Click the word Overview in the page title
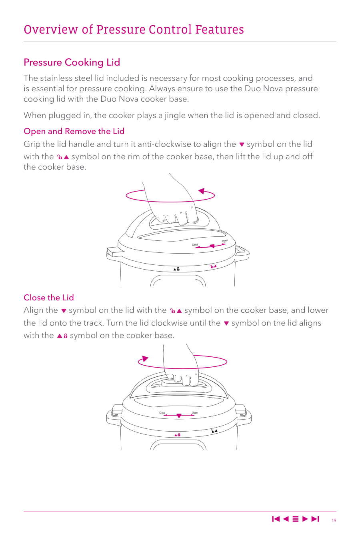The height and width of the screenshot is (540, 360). point(51,30)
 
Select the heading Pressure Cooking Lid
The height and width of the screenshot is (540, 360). point(72,62)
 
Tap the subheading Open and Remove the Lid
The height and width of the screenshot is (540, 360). point(74,131)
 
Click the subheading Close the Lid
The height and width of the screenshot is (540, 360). point(49,298)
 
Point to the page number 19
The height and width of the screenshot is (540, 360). point(334,520)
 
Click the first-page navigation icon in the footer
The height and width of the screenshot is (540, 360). point(276,519)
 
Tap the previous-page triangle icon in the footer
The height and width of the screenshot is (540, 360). point(286,519)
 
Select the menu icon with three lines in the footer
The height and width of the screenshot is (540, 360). point(295,519)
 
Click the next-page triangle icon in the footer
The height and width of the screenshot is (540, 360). point(305,519)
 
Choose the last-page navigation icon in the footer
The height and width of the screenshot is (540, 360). point(315,519)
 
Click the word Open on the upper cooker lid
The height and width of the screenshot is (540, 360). point(225,241)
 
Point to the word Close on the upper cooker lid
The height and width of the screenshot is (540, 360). point(195,245)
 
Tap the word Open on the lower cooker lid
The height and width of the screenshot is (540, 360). point(194,413)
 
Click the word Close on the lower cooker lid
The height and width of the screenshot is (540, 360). point(162,413)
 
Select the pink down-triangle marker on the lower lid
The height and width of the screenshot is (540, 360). point(179,416)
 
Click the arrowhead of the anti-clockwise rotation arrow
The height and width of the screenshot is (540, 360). point(202,191)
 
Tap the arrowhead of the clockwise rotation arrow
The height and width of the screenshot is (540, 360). point(145,358)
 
